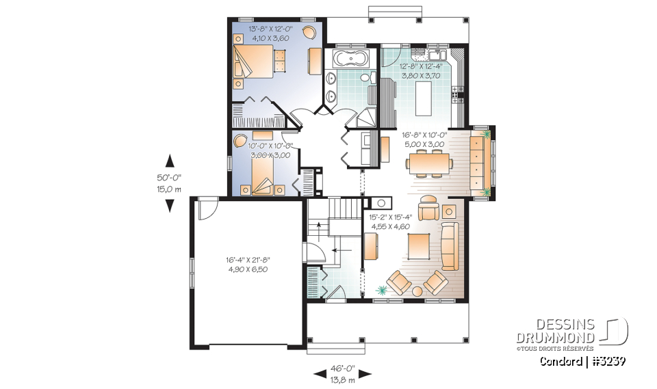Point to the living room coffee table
418,245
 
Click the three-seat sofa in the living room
450,245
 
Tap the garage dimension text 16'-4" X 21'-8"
247,260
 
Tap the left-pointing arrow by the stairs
337,250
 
